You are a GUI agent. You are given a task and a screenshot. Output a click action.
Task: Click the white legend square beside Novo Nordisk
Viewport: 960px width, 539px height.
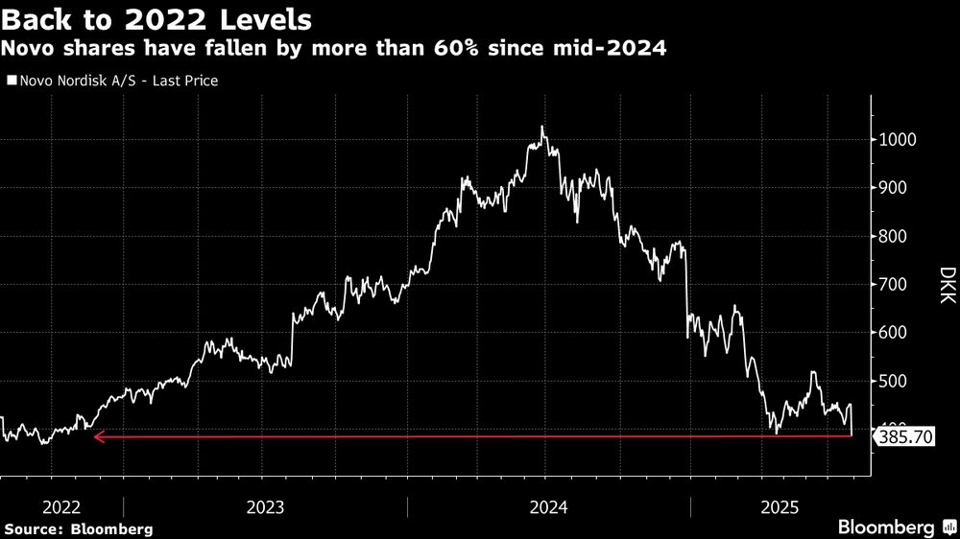[11, 82]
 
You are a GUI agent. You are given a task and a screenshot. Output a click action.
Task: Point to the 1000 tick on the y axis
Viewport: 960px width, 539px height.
[897, 140]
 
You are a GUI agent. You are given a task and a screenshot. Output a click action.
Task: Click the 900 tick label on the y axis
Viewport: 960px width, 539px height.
[893, 188]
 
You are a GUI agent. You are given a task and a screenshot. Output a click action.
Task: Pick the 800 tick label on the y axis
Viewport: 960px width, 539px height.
[893, 237]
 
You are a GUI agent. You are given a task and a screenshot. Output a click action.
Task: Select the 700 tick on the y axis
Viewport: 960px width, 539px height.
[893, 285]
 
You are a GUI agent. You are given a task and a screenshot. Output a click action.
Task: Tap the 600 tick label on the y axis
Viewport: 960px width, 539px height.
[893, 334]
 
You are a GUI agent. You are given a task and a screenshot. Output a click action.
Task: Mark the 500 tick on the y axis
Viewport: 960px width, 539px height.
[893, 382]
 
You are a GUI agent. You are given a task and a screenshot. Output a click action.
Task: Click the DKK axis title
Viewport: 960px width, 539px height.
[947, 285]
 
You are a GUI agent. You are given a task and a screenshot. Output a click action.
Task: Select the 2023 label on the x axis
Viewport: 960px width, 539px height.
[264, 506]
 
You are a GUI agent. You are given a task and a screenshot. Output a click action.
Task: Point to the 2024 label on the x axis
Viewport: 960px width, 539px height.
[548, 506]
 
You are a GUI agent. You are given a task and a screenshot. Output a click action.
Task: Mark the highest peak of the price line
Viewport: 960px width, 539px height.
[542, 127]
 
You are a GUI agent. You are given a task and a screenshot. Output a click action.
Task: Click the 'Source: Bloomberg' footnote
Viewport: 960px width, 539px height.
[78, 528]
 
